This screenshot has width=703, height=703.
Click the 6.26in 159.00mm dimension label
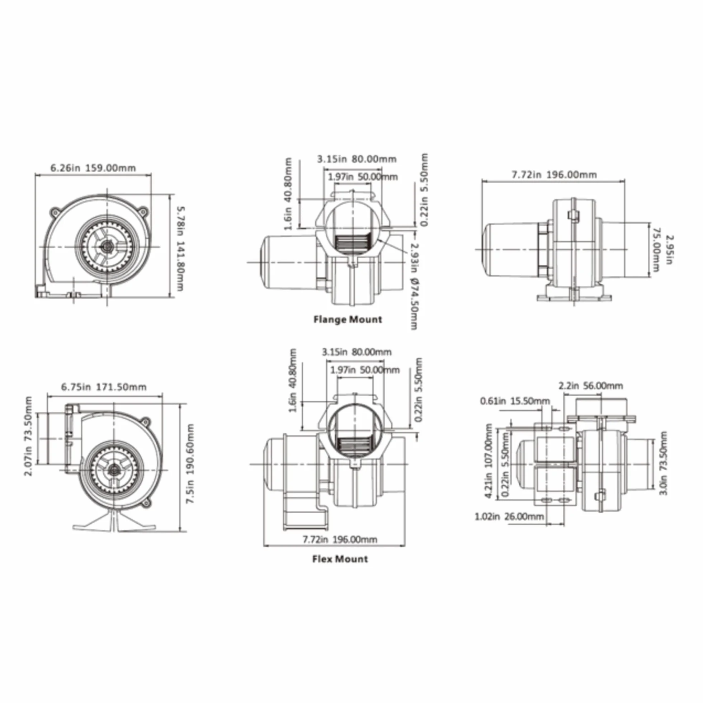[93, 168]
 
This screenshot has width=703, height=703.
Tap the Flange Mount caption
[348, 320]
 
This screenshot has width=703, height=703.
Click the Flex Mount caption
[340, 559]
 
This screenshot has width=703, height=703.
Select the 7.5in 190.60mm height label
[190, 464]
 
